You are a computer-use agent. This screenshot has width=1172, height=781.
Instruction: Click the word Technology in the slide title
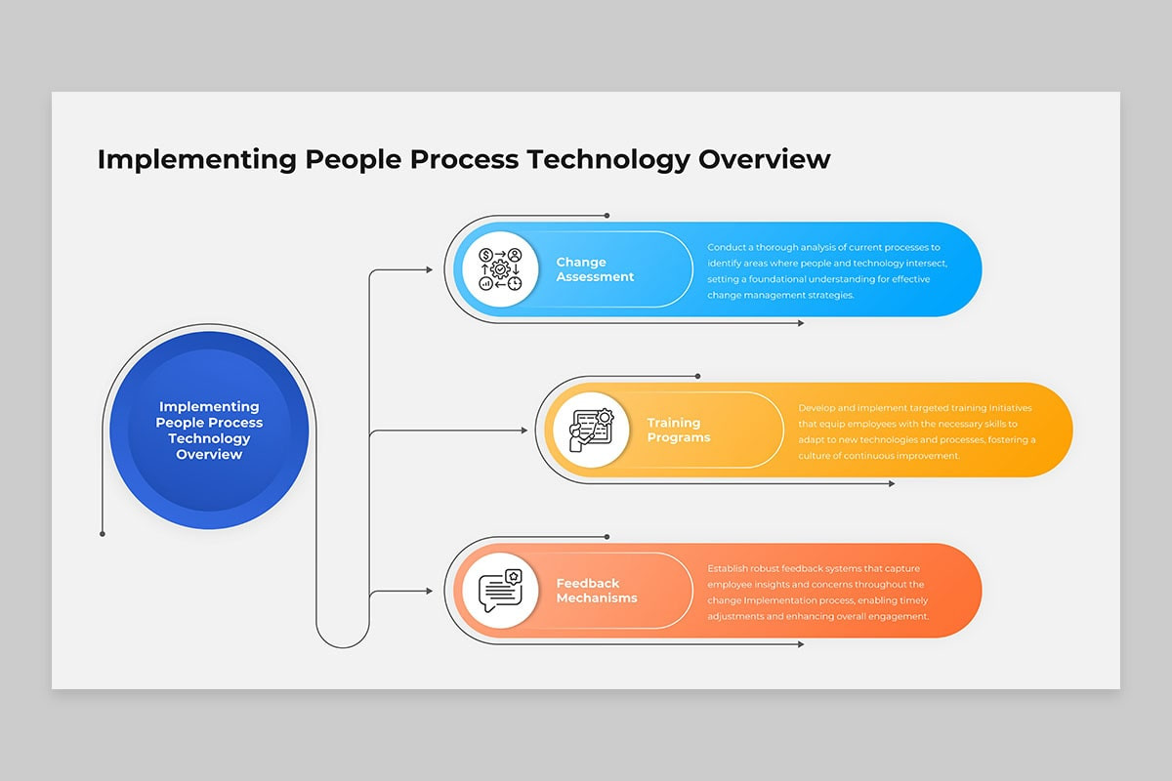(x=608, y=160)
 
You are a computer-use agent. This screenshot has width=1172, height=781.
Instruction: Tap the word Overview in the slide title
(x=765, y=159)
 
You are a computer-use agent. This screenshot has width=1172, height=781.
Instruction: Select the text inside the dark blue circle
(x=209, y=430)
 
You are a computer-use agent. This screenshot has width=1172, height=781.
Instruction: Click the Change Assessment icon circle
(x=500, y=268)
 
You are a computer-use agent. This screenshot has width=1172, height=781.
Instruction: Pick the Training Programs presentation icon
(x=591, y=430)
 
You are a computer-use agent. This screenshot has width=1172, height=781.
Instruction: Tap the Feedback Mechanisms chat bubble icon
(x=501, y=590)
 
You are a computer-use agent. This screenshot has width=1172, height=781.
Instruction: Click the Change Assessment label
(x=595, y=268)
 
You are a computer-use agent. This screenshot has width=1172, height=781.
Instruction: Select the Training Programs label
(x=679, y=430)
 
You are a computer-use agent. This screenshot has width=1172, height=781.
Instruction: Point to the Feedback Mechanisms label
(x=597, y=590)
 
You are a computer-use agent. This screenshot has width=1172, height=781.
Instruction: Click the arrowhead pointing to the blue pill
(x=430, y=269)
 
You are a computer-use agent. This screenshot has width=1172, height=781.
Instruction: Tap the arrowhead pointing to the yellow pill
(x=524, y=431)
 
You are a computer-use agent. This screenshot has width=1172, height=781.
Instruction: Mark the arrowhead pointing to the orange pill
(x=430, y=591)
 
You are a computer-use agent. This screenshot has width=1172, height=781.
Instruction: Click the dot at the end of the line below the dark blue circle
(x=103, y=534)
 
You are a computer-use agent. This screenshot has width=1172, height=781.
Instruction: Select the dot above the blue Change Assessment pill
(x=607, y=216)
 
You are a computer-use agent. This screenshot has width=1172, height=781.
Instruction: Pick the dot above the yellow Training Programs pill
(x=698, y=376)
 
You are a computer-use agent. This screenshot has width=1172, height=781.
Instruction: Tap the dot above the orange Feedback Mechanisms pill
(x=607, y=537)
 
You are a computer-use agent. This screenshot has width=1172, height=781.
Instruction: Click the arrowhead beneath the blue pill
(x=801, y=323)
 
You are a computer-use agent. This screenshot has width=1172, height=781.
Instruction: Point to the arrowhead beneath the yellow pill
(x=892, y=484)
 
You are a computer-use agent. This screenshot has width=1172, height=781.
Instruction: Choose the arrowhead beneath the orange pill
(x=801, y=644)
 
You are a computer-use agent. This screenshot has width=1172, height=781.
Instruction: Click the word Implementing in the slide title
(x=196, y=160)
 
